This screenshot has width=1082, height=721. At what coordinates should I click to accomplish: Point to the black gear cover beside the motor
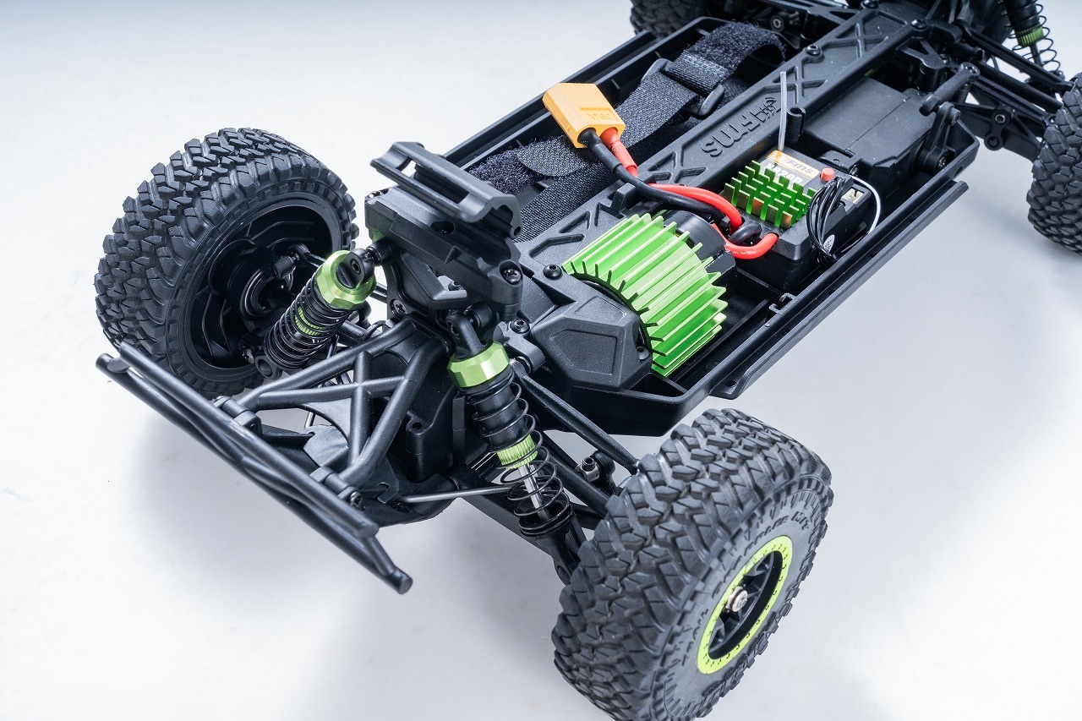(592, 335)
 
